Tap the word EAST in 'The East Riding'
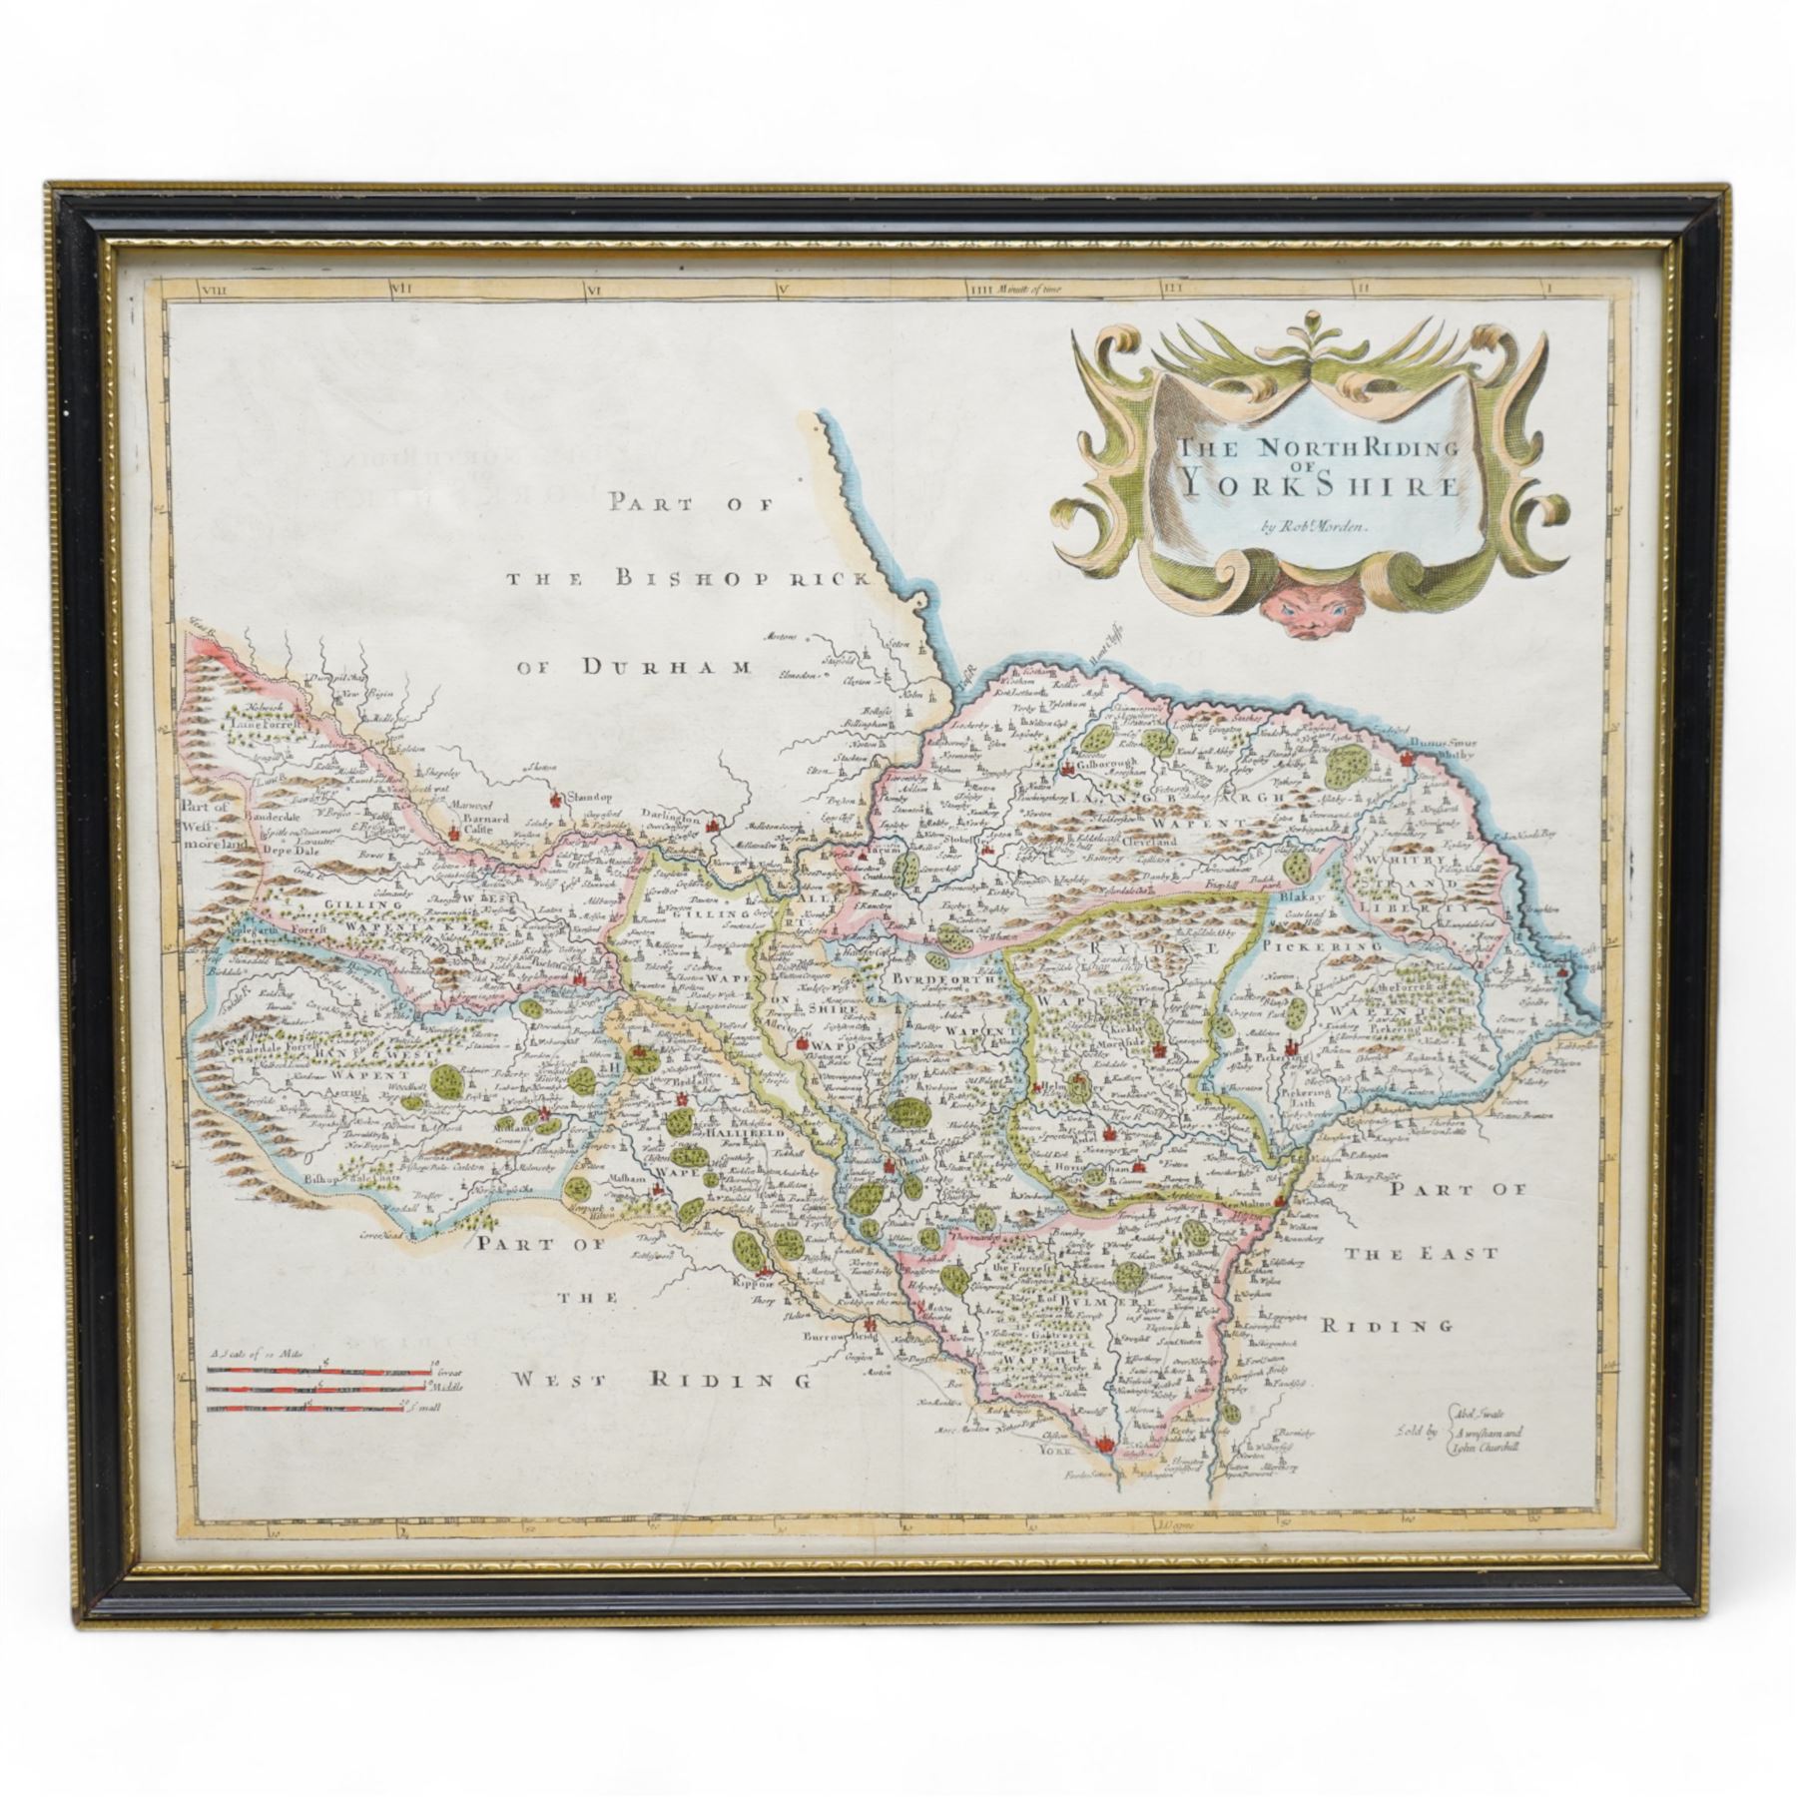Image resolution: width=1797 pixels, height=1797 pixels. pos(1431,1254)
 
